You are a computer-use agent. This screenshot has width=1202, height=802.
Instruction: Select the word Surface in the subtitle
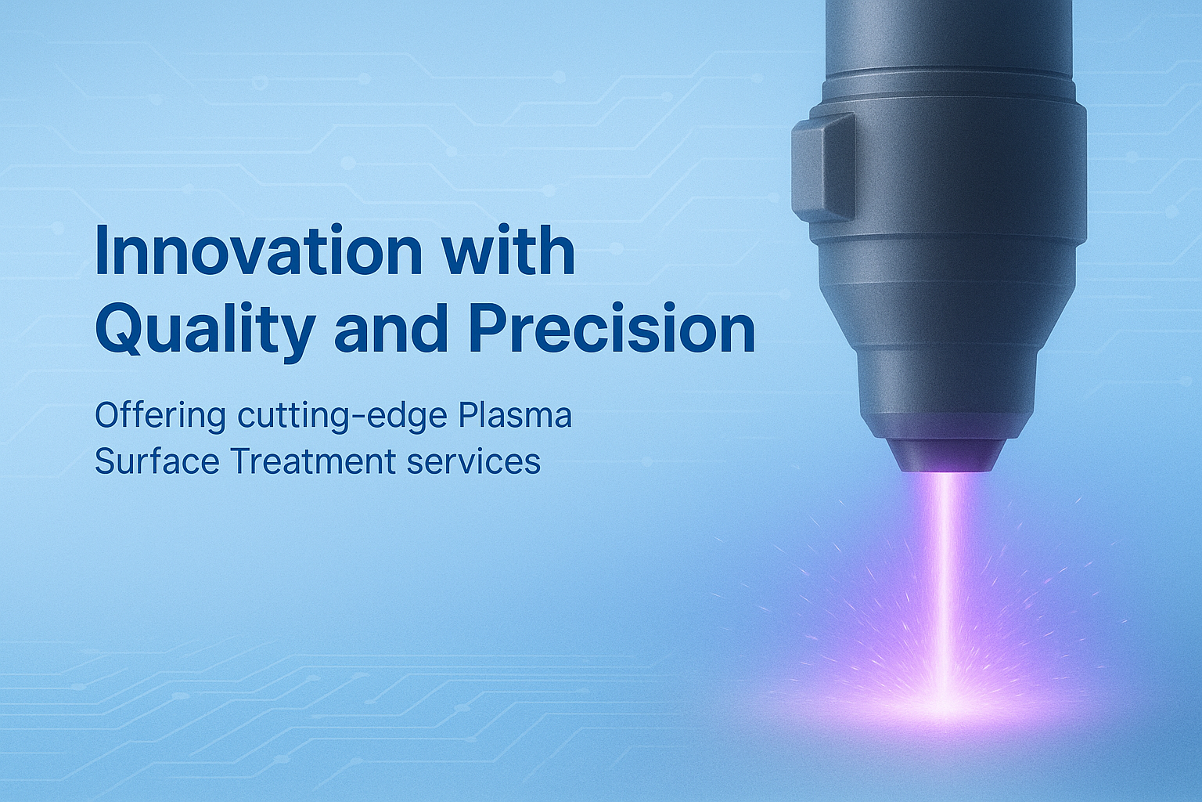[157, 461]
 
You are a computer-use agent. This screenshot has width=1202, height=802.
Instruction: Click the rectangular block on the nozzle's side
[823, 168]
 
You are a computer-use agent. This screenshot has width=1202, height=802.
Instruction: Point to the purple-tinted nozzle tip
[945, 456]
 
